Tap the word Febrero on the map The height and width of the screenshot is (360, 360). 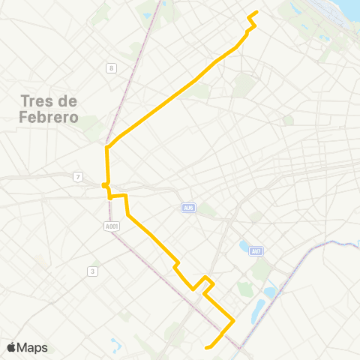click(x=46, y=117)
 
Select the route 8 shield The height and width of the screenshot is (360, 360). click(x=111, y=69)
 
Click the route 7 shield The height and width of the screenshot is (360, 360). click(x=77, y=176)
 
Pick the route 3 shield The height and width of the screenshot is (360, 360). click(x=91, y=271)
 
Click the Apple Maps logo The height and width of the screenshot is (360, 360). click(x=28, y=347)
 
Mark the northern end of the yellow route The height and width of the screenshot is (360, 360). click(x=257, y=12)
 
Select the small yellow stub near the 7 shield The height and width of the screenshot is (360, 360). click(x=104, y=184)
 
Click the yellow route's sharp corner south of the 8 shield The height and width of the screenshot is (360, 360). click(x=107, y=147)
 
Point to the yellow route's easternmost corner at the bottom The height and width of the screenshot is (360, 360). click(x=234, y=322)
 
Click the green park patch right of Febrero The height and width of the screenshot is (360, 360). click(x=91, y=124)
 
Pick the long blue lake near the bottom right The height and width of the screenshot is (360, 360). click(x=259, y=307)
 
